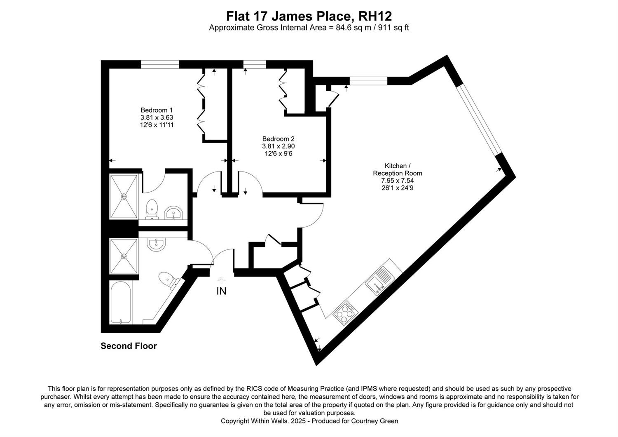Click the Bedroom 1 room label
click(x=157, y=110)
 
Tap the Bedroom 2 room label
click(x=279, y=139)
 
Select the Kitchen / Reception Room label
click(x=398, y=169)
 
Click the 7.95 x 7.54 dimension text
click(x=398, y=181)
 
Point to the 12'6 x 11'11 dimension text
click(x=157, y=125)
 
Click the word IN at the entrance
click(x=221, y=291)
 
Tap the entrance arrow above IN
click(x=221, y=280)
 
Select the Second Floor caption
click(x=129, y=346)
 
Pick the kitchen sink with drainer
click(x=379, y=280)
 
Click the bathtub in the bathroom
click(x=120, y=303)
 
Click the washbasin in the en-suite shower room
click(x=173, y=213)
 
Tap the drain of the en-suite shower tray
click(x=124, y=196)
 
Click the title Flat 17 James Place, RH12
click(x=309, y=16)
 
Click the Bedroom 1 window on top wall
click(x=160, y=64)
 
